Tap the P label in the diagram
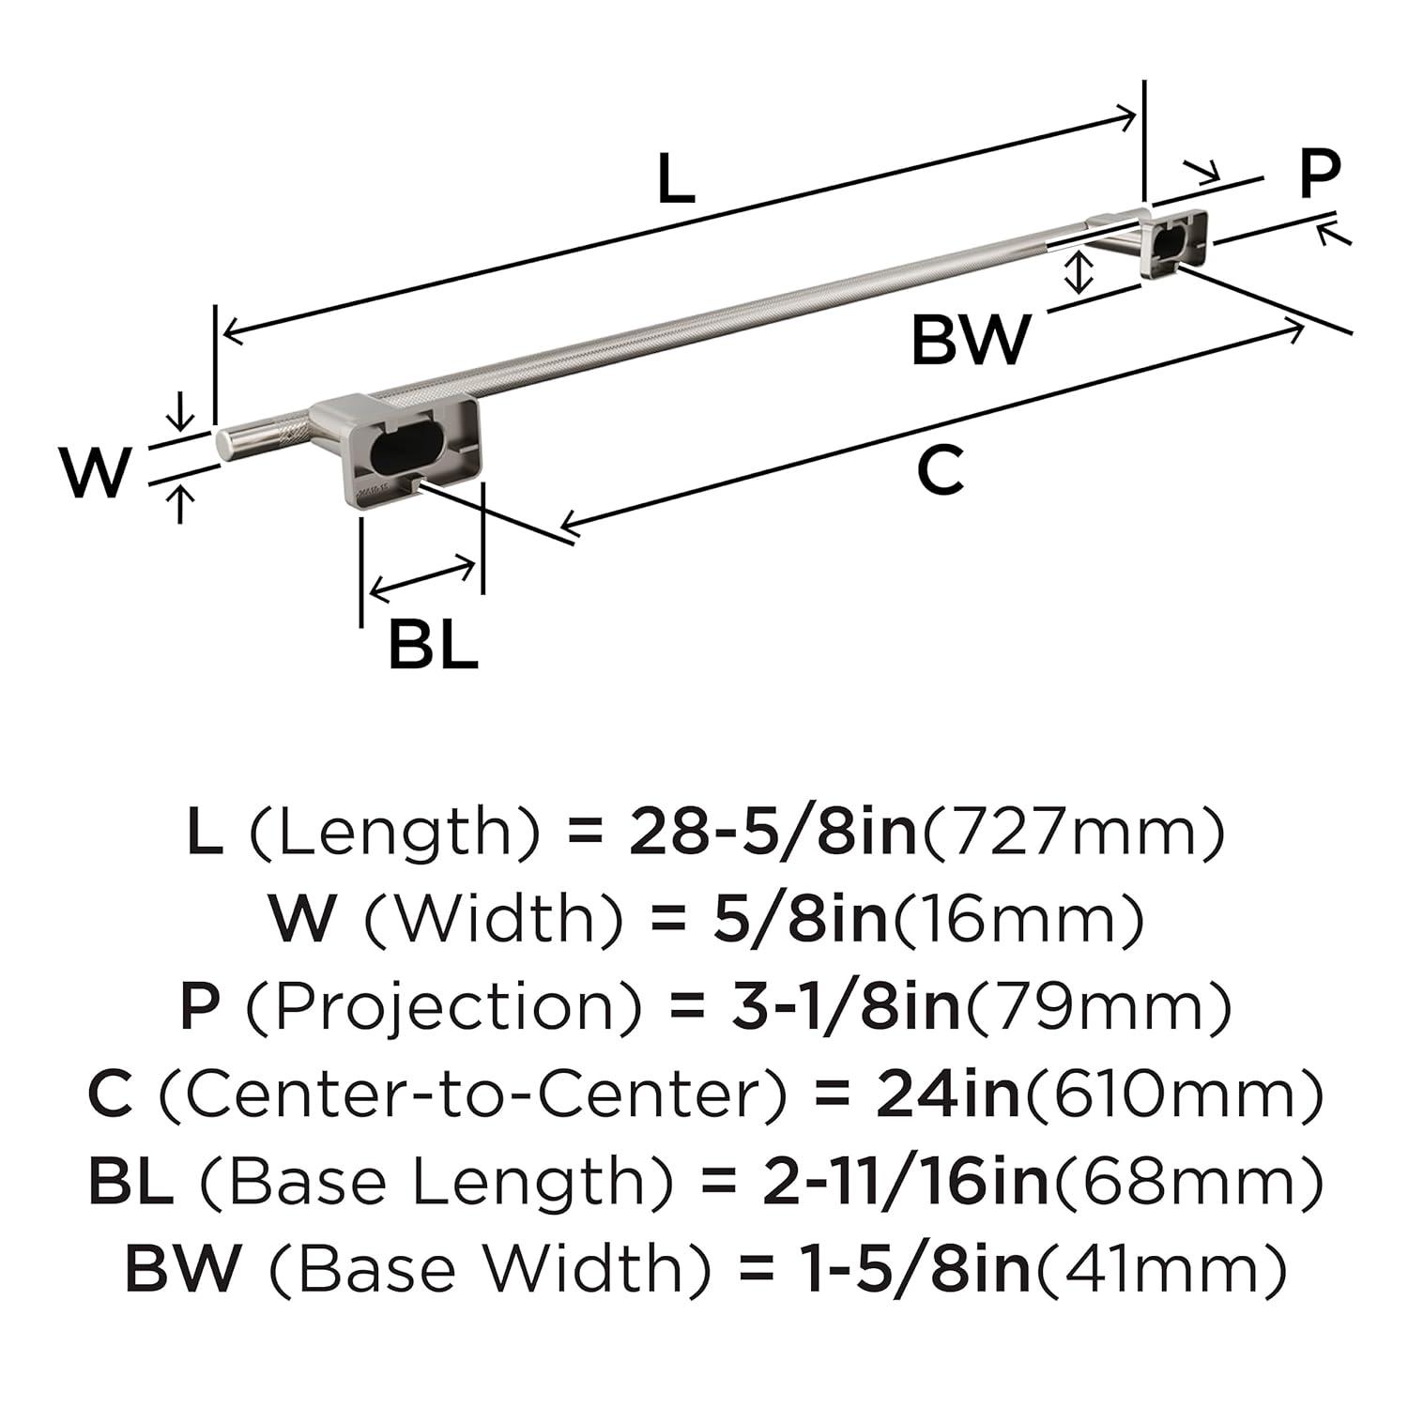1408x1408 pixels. [x=1320, y=175]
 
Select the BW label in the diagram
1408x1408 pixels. [x=971, y=340]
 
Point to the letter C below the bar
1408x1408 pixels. [x=940, y=471]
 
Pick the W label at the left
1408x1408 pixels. [x=95, y=471]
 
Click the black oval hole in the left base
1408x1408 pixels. [x=398, y=451]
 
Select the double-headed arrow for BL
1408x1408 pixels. [x=422, y=576]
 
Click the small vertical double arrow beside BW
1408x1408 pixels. [x=1081, y=272]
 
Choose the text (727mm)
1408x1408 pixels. [x=1074, y=832]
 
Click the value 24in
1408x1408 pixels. [x=947, y=1094]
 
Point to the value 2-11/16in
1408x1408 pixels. [x=905, y=1181]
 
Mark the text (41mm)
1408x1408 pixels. [x=1157, y=1268]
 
